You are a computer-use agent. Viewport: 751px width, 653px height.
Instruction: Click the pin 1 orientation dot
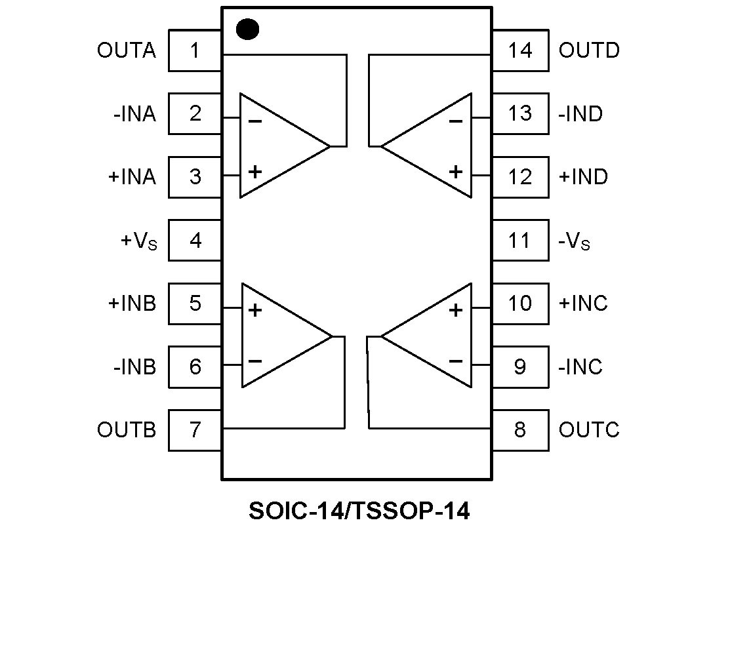click(x=247, y=30)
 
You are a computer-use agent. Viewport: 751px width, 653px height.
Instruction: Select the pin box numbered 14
click(x=520, y=50)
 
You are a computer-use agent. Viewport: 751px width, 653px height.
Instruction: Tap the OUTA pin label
click(x=127, y=50)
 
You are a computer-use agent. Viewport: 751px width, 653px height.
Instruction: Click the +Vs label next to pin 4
click(x=139, y=241)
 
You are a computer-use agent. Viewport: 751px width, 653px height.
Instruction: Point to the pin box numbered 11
click(x=520, y=241)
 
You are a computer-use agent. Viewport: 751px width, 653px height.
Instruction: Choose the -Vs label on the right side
click(x=574, y=242)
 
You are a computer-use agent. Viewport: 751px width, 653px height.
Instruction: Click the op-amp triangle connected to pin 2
click(x=279, y=146)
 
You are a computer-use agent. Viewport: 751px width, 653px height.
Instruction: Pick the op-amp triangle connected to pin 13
click(x=433, y=146)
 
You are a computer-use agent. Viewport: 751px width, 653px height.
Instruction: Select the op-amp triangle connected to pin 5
click(x=281, y=336)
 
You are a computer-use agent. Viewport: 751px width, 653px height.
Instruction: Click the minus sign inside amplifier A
click(x=255, y=121)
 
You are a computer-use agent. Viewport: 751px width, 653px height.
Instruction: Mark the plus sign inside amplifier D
click(x=456, y=172)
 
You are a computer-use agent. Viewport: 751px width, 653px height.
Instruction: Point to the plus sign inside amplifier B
click(x=255, y=309)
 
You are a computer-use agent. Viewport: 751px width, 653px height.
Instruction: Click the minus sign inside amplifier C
click(x=456, y=361)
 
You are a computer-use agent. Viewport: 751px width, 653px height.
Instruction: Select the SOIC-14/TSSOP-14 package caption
click(x=359, y=511)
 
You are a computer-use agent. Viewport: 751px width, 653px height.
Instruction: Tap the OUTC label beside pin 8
click(x=589, y=430)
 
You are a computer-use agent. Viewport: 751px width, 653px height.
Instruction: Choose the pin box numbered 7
click(x=195, y=430)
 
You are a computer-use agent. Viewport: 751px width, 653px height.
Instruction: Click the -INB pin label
click(x=134, y=366)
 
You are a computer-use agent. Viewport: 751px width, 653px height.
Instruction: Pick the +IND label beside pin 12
click(x=583, y=177)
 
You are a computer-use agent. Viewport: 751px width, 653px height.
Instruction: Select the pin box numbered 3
click(x=195, y=177)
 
